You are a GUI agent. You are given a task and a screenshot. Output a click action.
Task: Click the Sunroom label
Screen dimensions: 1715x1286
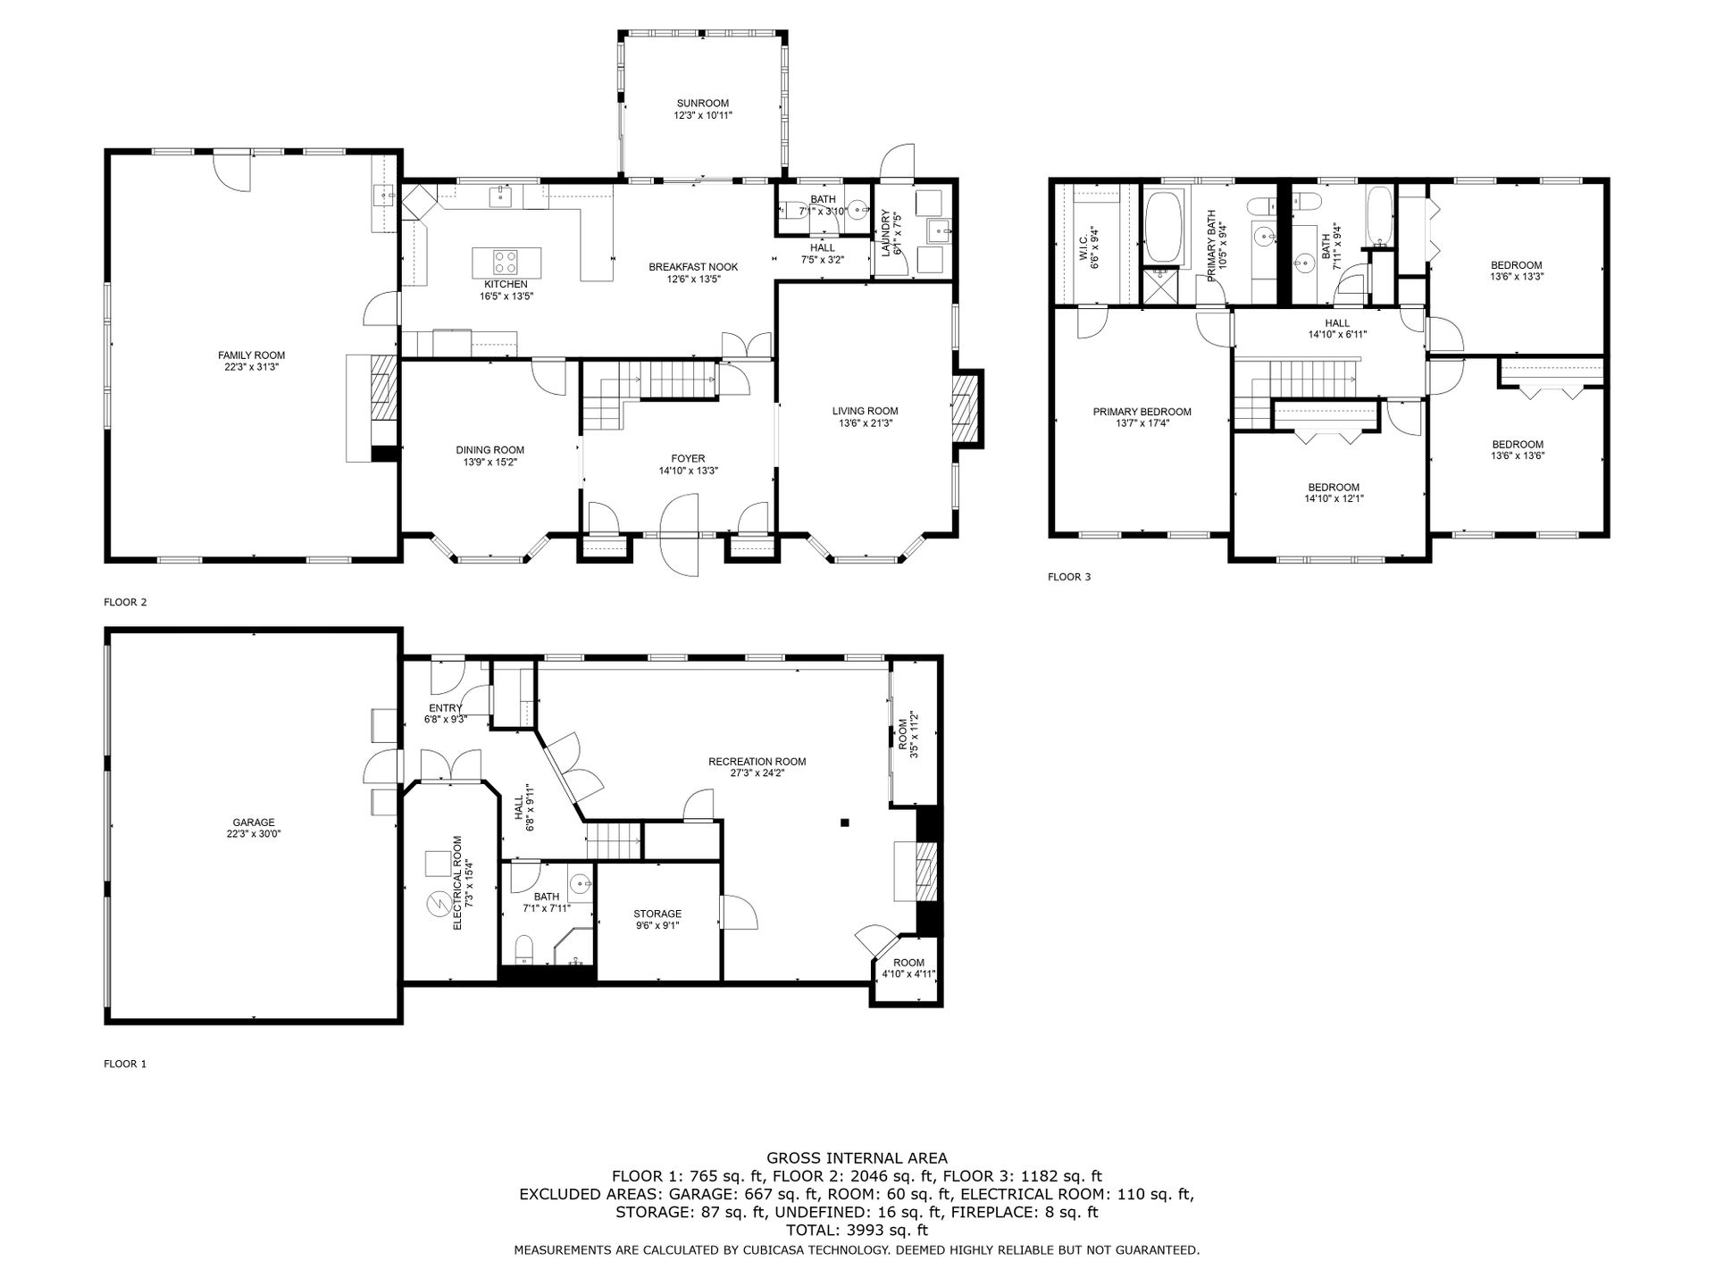[x=702, y=104]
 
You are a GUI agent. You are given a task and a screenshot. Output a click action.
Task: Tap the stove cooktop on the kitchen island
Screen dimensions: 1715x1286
[x=506, y=262]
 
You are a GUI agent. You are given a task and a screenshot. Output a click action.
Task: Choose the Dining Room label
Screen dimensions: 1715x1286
[x=489, y=450]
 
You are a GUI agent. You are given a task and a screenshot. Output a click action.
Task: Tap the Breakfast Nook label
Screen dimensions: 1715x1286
[x=693, y=267]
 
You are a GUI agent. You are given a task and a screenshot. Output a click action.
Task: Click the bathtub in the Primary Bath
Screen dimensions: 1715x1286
[x=1164, y=228]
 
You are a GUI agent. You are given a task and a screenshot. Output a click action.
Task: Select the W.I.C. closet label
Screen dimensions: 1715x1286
[x=1083, y=247]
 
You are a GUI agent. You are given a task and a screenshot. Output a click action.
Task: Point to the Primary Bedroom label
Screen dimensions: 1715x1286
[x=1142, y=412]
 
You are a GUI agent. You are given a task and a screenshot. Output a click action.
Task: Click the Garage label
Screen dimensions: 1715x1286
[x=254, y=823]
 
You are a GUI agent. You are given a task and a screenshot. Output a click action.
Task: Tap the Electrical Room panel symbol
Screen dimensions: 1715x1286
[x=438, y=905]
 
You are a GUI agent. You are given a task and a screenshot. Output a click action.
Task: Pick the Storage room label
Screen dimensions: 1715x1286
[x=657, y=914]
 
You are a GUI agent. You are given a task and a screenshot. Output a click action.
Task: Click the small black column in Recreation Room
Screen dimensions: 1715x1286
[x=844, y=823]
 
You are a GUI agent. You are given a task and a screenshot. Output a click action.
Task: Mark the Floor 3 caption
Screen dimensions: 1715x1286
[x=1069, y=577]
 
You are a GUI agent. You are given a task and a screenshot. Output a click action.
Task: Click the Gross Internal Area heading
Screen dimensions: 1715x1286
[x=857, y=1158]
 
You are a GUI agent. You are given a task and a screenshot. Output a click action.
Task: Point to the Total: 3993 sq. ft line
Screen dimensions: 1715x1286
[x=857, y=1230]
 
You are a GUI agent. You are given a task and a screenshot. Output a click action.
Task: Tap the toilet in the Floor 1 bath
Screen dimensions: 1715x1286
[x=525, y=948]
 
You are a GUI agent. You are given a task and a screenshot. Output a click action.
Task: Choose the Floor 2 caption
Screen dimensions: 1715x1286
[x=125, y=602]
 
